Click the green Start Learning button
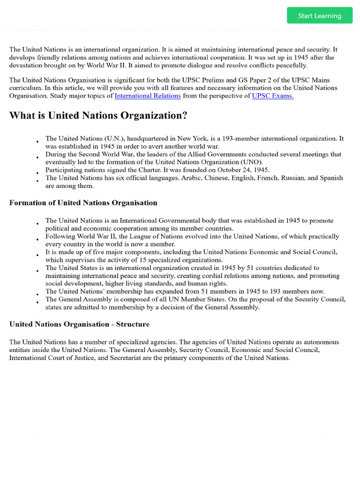[x=320, y=15]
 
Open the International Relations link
[x=148, y=96]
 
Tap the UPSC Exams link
[x=273, y=96]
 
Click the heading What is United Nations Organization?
[x=98, y=116]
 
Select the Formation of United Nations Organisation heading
[x=83, y=202]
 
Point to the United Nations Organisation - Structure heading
[x=79, y=324]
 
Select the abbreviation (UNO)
[x=252, y=162]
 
